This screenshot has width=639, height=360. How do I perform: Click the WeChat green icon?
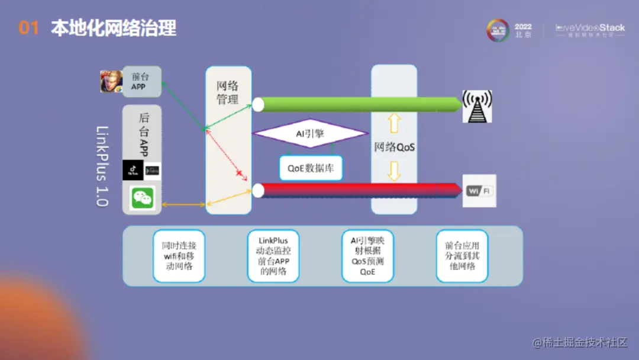143,198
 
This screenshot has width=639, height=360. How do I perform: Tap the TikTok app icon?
133,170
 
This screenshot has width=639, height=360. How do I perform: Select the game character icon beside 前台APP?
111,82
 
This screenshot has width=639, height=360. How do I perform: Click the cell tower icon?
477,107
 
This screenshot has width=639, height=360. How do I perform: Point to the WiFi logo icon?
479,191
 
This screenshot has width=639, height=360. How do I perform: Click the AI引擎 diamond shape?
310,134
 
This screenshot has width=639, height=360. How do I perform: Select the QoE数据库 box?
311,168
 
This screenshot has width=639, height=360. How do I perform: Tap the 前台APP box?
141,82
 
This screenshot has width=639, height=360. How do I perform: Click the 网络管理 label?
228,93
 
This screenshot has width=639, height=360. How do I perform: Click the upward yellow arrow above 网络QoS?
394,123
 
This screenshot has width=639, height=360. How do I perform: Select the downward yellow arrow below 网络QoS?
394,171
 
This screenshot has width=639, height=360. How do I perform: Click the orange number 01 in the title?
28,28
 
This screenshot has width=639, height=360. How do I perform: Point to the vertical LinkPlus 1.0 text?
102,166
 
